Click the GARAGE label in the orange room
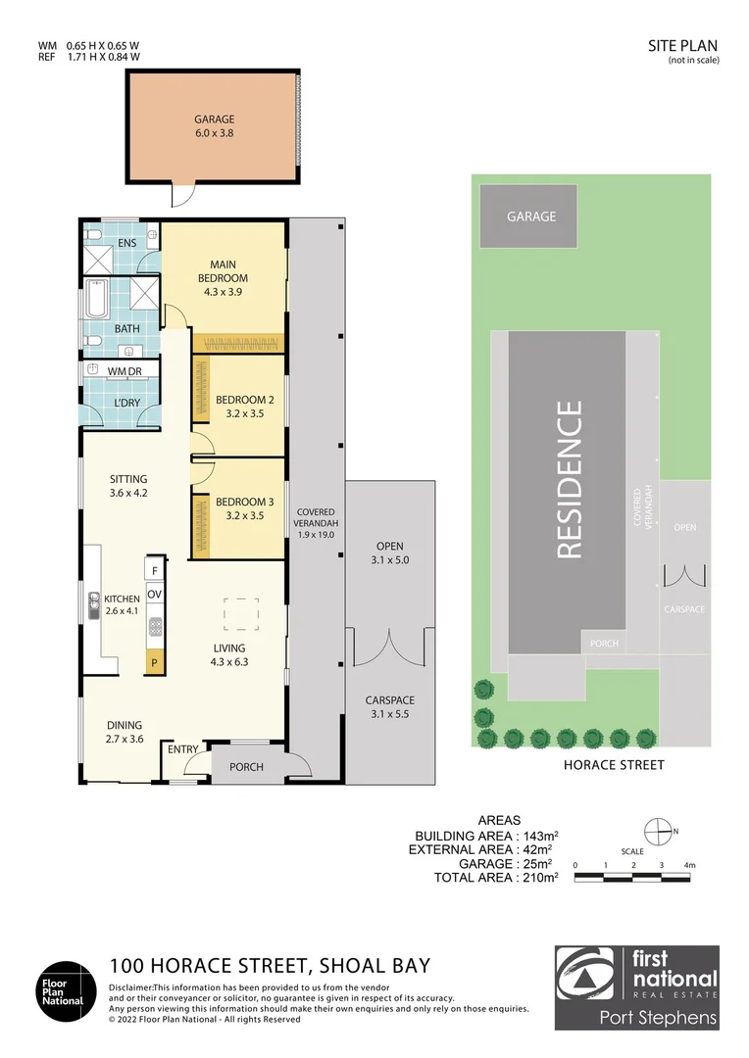click(x=214, y=120)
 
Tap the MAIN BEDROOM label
click(x=228, y=271)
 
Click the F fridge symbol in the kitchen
click(x=154, y=569)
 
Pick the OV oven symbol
click(x=154, y=595)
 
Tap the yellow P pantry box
click(x=154, y=664)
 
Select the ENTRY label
click(x=183, y=749)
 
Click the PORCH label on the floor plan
click(x=246, y=766)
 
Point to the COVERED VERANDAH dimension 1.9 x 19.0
click(x=317, y=535)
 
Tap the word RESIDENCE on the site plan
click(x=570, y=479)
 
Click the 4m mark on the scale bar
click(x=690, y=865)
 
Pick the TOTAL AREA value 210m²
click(x=537, y=878)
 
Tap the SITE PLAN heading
click(x=683, y=45)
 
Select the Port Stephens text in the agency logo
click(x=658, y=1017)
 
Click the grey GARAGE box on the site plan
click(x=530, y=216)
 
